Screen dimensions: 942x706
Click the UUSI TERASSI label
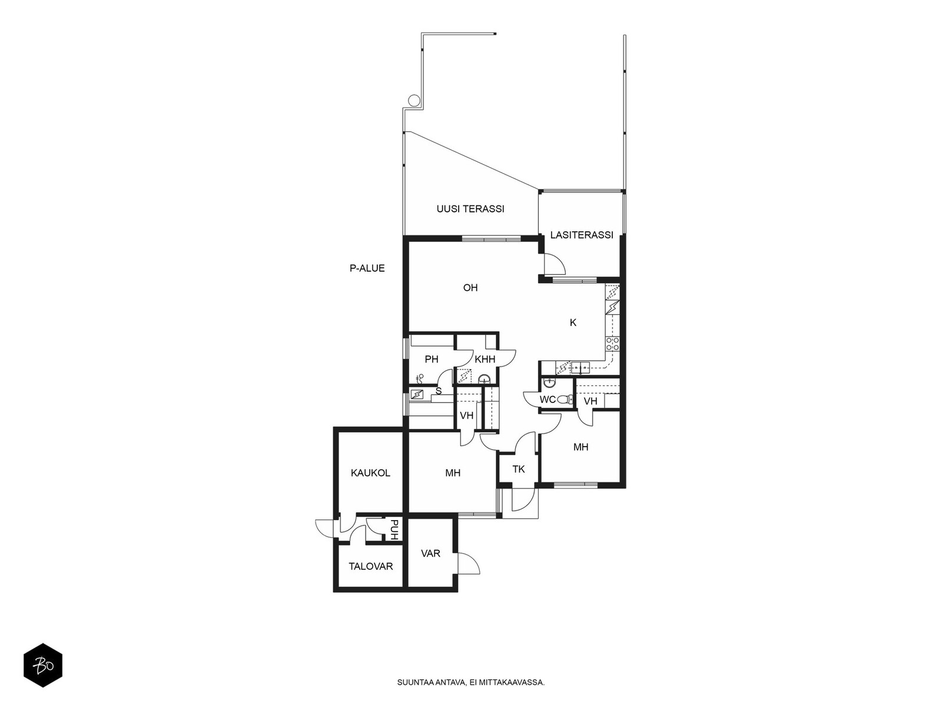pyautogui.click(x=470, y=209)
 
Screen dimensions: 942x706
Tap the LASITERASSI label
pyautogui.click(x=582, y=235)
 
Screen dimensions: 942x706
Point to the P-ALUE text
pyautogui.click(x=367, y=268)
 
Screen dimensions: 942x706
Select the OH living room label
pyautogui.click(x=470, y=288)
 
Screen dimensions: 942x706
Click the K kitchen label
pyautogui.click(x=573, y=323)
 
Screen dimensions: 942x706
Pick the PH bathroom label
pyautogui.click(x=432, y=359)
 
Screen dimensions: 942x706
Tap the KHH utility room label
pyautogui.click(x=485, y=359)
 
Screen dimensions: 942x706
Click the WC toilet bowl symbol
pyautogui.click(x=565, y=399)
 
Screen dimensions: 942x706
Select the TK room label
pyautogui.click(x=519, y=469)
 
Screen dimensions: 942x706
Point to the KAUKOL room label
pyautogui.click(x=370, y=473)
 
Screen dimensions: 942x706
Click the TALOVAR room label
pyautogui.click(x=371, y=566)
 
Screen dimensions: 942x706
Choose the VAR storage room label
pyautogui.click(x=430, y=554)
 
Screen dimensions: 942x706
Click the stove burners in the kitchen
pyautogui.click(x=612, y=344)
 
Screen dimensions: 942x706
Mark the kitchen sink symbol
pyautogui.click(x=580, y=368)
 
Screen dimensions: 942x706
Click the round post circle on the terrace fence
pyautogui.click(x=413, y=100)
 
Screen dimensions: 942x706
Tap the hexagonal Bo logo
pyautogui.click(x=43, y=665)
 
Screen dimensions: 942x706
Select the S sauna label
pyautogui.click(x=439, y=391)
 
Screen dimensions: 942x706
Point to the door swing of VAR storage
pyautogui.click(x=469, y=563)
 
